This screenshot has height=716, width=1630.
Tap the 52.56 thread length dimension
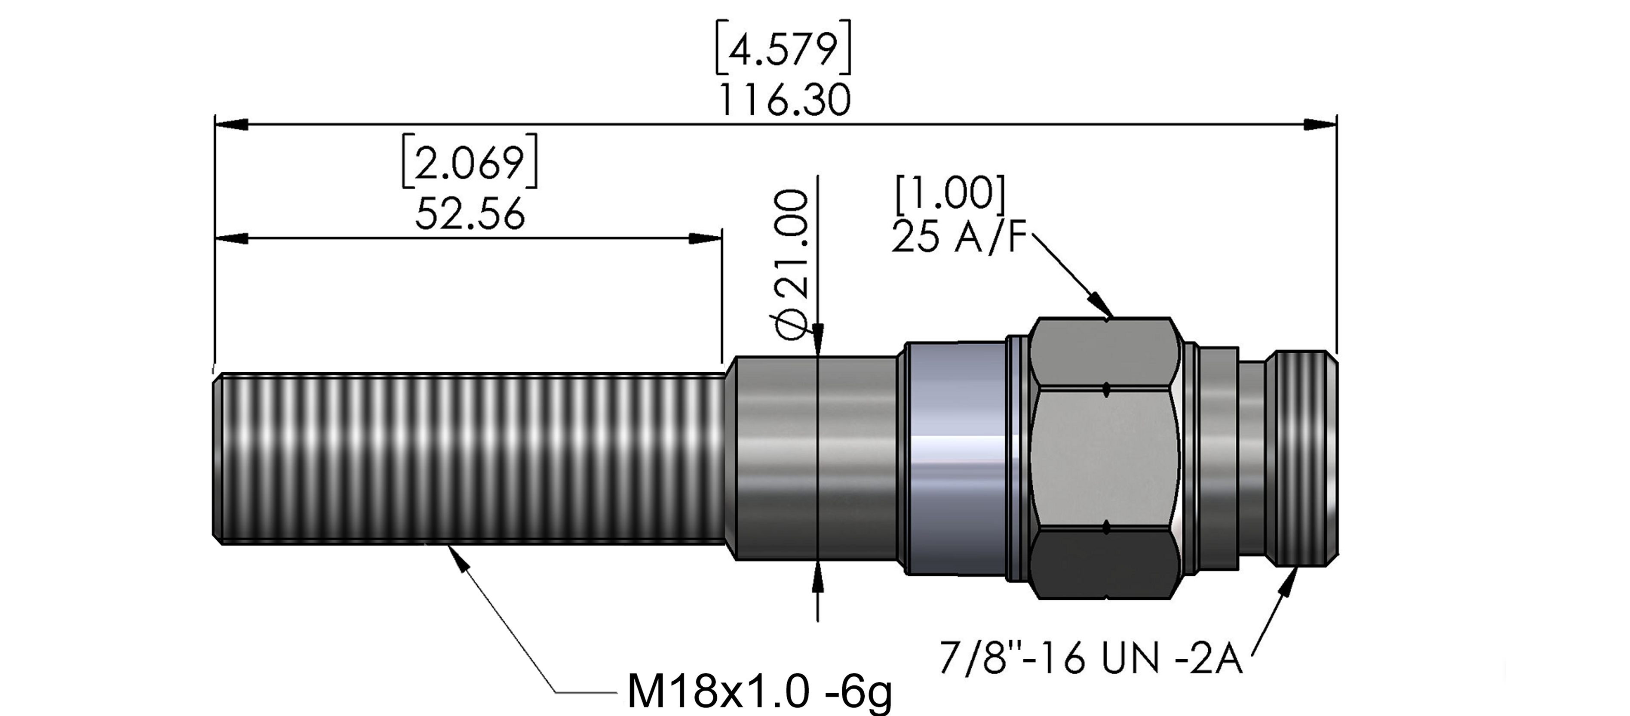(x=470, y=213)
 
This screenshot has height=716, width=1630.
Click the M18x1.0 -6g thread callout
(x=759, y=692)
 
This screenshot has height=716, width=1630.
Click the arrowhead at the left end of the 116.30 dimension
(x=230, y=125)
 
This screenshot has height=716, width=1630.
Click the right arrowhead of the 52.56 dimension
(x=706, y=239)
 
